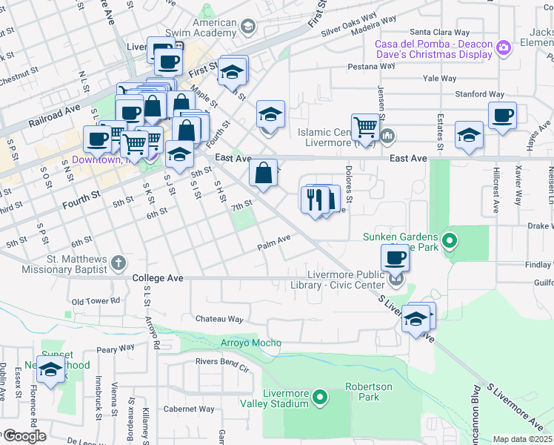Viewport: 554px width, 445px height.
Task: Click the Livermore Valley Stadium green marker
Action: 321,398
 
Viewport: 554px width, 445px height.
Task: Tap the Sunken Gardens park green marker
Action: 449,240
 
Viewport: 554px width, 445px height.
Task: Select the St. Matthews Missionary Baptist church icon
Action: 119,263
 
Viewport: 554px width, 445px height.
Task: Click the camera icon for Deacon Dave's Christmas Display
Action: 504,48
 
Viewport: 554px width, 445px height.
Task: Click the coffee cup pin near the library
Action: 396,257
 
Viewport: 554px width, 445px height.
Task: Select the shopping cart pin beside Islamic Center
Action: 365,127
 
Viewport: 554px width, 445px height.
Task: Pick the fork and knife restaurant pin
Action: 314,199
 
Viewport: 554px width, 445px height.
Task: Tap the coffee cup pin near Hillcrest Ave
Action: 502,116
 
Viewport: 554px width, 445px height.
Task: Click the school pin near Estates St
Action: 468,135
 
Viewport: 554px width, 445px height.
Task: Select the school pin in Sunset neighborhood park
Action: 51,371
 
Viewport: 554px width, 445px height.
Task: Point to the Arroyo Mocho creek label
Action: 251,343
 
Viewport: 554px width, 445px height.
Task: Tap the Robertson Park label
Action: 363,392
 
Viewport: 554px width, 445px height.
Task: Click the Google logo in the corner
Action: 24,436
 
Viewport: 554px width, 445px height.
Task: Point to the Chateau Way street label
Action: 219,319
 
